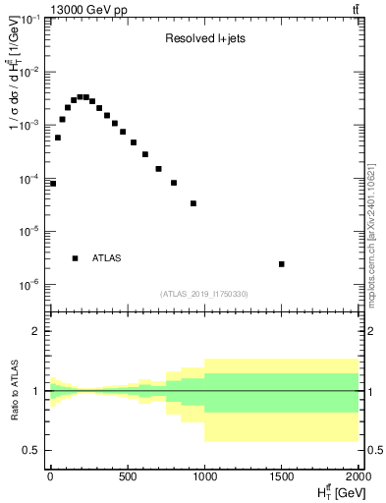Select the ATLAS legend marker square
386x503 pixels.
pos(75,258)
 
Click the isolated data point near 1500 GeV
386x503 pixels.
pos(282,264)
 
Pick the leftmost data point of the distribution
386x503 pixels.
pos(53,184)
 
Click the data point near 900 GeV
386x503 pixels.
pos(193,203)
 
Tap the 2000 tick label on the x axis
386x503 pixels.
pos(358,478)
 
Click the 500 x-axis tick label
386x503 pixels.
pos(127,478)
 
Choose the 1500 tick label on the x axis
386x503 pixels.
pos(281,478)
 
